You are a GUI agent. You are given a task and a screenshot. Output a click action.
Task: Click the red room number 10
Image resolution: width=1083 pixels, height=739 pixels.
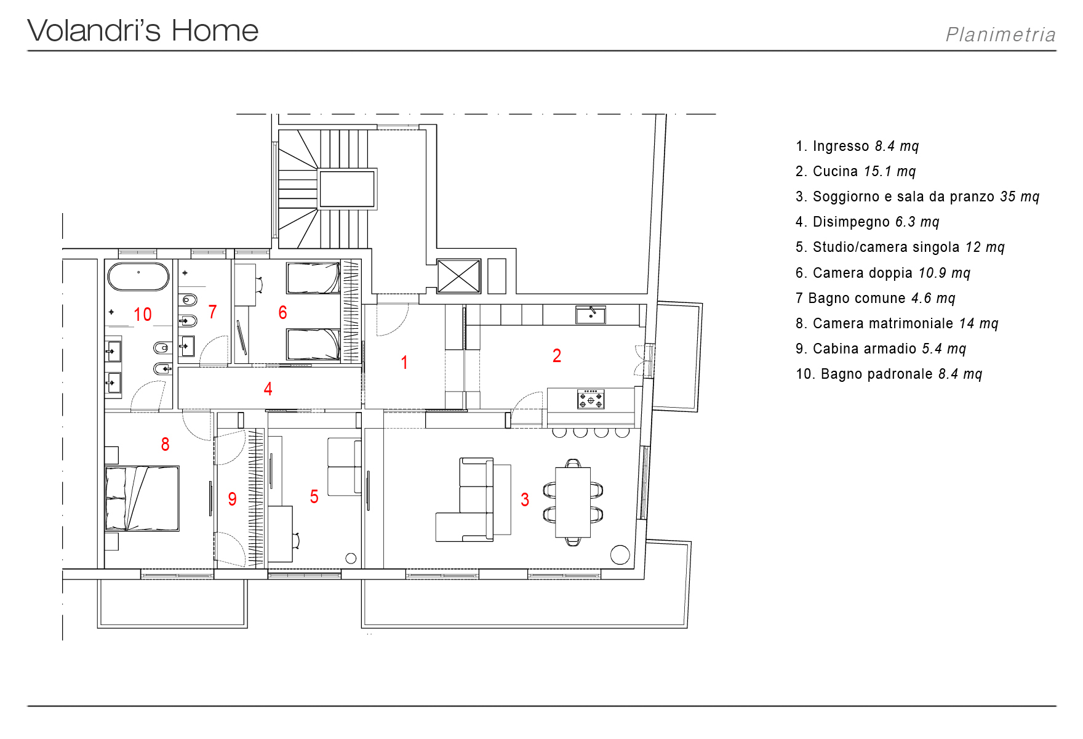point(143,315)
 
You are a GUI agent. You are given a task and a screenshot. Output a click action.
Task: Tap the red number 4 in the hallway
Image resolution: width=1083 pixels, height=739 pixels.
point(268,389)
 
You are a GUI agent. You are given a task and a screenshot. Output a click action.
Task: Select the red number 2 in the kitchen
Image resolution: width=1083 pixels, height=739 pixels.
point(557,355)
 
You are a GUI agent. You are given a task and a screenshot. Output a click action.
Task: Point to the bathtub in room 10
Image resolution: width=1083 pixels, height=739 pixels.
point(138,277)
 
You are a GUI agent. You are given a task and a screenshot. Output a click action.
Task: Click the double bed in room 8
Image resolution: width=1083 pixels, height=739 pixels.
point(142,498)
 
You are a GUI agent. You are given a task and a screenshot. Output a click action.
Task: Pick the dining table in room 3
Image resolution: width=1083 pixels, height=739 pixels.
point(573,503)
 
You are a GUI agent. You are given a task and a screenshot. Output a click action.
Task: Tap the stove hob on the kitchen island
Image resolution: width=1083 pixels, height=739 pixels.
point(591,399)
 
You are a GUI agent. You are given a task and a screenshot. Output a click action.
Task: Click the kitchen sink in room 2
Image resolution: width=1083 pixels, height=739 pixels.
point(591,315)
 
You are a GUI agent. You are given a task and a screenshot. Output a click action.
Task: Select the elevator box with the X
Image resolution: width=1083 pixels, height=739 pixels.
point(458,276)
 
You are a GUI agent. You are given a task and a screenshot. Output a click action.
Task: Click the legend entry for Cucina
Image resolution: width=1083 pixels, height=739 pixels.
point(856,171)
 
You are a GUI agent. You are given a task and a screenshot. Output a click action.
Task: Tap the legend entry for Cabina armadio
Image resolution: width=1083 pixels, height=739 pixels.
point(881,349)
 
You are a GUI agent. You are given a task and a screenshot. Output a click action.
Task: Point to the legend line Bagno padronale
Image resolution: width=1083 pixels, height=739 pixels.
point(889,374)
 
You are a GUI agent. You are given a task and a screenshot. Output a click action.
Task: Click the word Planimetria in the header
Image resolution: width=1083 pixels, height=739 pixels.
point(1001,34)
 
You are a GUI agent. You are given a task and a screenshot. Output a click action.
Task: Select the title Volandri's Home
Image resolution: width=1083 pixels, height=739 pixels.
point(143,31)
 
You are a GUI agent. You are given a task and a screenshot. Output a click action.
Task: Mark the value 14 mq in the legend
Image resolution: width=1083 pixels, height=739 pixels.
point(978,323)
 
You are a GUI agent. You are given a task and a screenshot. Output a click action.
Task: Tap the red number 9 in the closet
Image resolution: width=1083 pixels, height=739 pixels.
point(232,499)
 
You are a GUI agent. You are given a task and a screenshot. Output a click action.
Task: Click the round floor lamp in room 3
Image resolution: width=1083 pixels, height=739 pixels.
point(620,555)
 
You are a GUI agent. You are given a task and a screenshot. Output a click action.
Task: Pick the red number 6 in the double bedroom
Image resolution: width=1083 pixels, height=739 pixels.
point(282,312)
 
